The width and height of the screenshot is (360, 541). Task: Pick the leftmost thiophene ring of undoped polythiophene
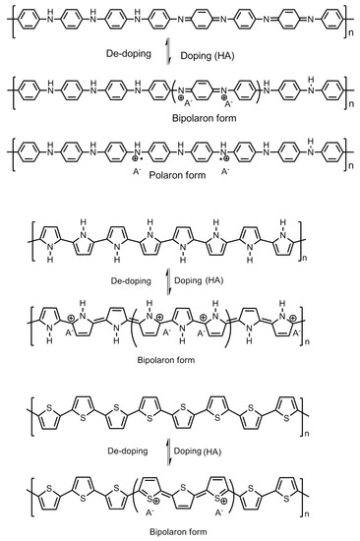(35, 408)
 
